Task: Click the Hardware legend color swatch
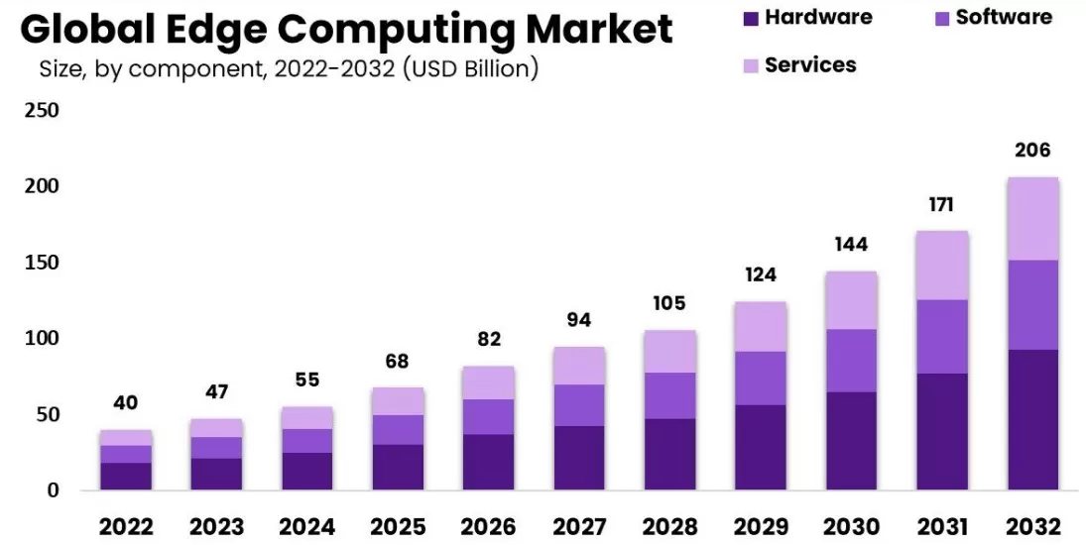pyautogui.click(x=750, y=18)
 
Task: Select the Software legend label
pyautogui.click(x=1004, y=18)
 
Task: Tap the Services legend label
pyautogui.click(x=810, y=65)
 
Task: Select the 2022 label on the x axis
pyautogui.click(x=125, y=525)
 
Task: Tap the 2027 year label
pyautogui.click(x=580, y=525)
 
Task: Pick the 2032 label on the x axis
pyautogui.click(x=1032, y=525)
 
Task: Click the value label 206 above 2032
pyautogui.click(x=1032, y=151)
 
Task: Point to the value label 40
pyautogui.click(x=125, y=403)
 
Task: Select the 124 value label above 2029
pyautogui.click(x=761, y=274)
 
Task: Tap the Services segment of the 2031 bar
pyautogui.click(x=942, y=266)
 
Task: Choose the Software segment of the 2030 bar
pyautogui.click(x=851, y=361)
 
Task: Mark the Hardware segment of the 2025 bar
pyautogui.click(x=399, y=467)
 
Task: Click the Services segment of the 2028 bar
pyautogui.click(x=670, y=352)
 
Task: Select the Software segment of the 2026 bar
pyautogui.click(x=489, y=417)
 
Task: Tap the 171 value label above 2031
pyautogui.click(x=942, y=205)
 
